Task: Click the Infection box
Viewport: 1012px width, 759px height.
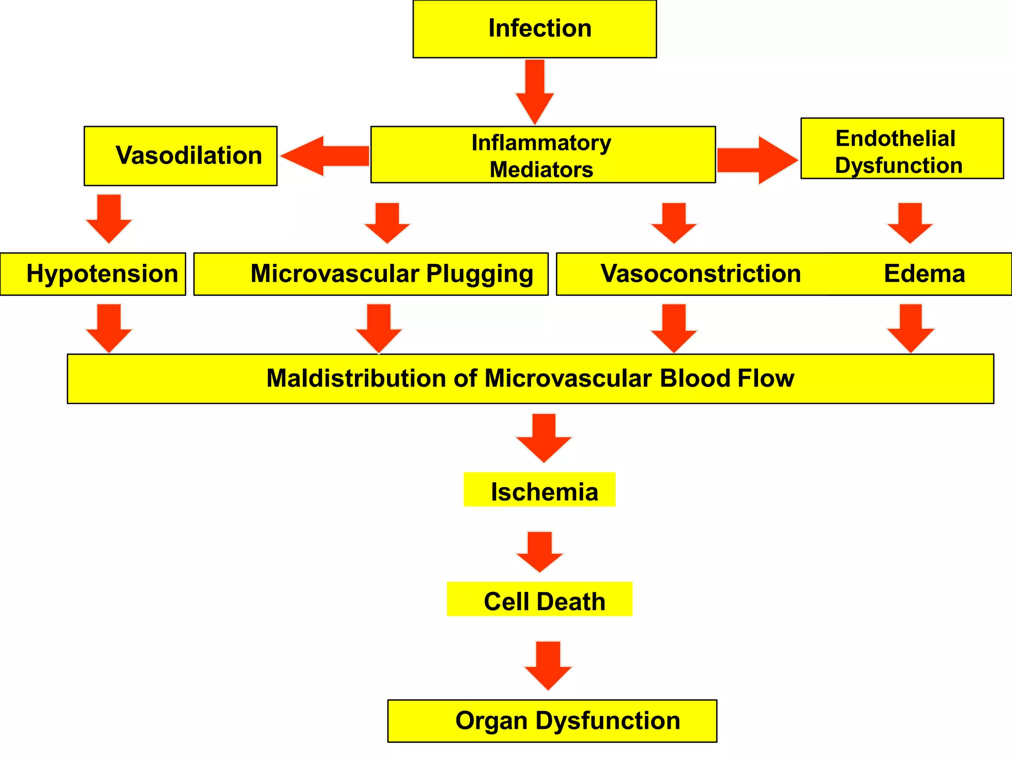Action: (x=535, y=29)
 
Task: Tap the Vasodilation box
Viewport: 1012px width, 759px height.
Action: (x=180, y=156)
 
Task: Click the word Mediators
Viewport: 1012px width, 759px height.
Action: (x=541, y=169)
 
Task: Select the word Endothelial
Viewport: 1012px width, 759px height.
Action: (x=895, y=138)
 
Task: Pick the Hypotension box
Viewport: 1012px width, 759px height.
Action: (x=93, y=274)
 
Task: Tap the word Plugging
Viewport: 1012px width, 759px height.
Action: (x=479, y=274)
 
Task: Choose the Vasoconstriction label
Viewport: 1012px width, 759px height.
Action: (x=700, y=274)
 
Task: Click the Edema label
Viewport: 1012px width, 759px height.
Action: (x=924, y=274)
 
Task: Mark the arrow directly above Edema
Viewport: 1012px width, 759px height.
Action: (x=910, y=222)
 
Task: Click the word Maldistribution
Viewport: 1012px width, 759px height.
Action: (x=356, y=379)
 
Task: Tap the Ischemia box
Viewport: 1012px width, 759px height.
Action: (x=540, y=490)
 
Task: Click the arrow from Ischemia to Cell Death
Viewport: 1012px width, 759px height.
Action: (x=540, y=551)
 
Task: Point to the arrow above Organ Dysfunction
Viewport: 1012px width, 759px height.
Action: (x=548, y=665)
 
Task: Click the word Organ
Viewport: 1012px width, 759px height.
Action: (x=492, y=720)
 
